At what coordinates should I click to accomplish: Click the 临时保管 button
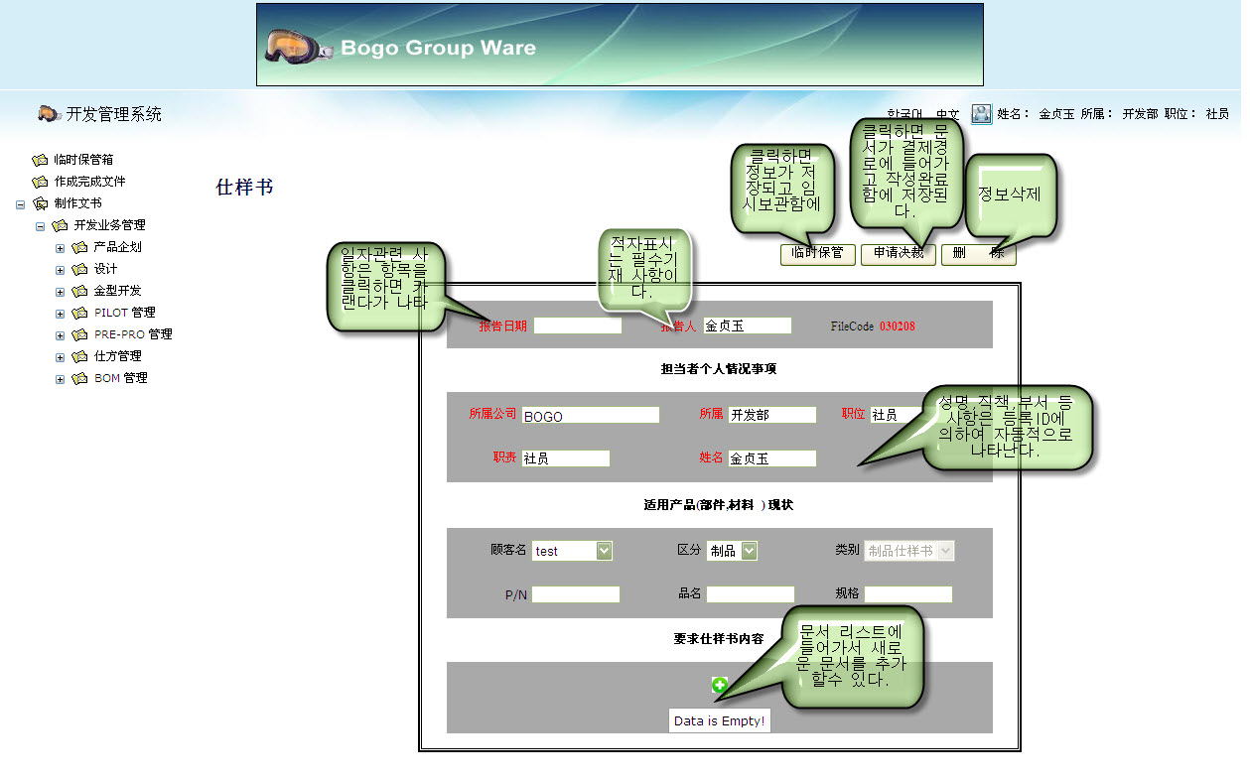(x=817, y=253)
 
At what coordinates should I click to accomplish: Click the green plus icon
(x=720, y=685)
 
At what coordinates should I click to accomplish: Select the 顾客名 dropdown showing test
(x=572, y=551)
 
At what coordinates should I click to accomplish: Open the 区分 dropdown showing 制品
(x=733, y=551)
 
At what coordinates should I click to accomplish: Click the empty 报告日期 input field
(x=577, y=325)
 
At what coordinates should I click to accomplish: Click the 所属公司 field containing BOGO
(x=590, y=415)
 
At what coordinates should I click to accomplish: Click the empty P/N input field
(x=576, y=594)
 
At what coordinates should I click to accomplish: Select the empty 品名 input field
(x=750, y=594)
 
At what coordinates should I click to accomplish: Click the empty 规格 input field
(x=907, y=594)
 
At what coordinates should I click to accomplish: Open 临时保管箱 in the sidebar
(x=83, y=159)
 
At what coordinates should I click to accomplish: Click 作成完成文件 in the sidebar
(x=89, y=182)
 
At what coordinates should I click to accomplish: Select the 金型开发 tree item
(x=117, y=291)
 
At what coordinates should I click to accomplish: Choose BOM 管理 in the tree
(x=120, y=378)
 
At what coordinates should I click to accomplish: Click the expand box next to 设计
(x=61, y=269)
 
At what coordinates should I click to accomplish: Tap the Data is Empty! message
(x=719, y=721)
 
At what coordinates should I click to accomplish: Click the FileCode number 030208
(x=897, y=326)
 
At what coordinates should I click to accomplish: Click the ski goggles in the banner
(x=297, y=46)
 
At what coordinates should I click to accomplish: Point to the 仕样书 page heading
(x=244, y=188)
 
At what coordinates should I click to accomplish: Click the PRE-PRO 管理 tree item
(x=133, y=334)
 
